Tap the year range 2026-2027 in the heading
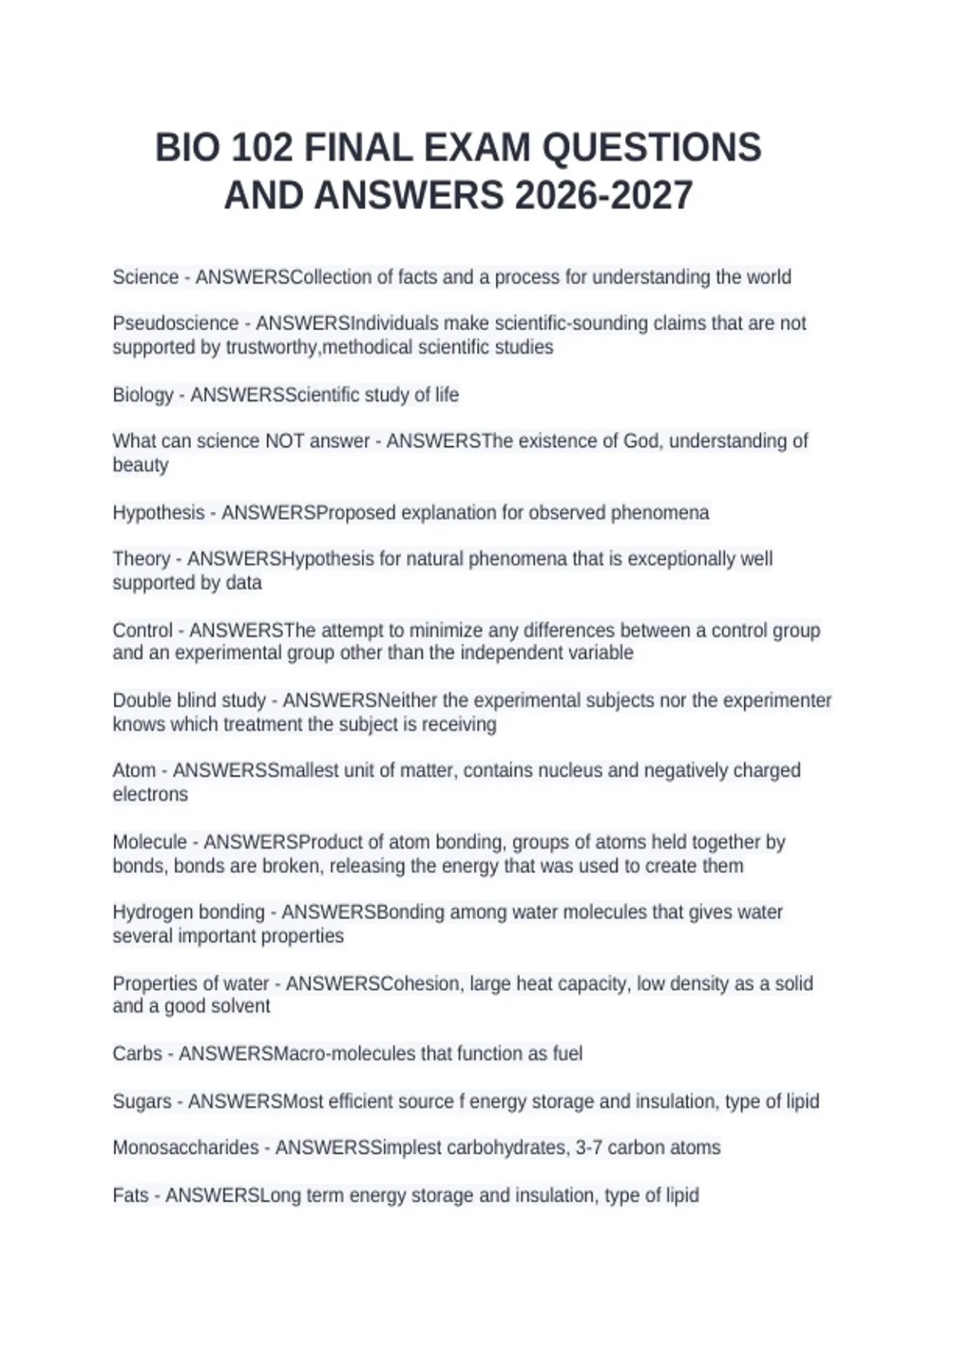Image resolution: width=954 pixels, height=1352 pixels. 603,196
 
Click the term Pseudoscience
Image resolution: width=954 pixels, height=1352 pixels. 176,324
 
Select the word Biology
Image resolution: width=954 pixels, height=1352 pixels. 143,395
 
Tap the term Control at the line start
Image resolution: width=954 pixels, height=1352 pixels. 142,631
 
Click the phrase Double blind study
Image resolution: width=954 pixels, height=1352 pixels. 189,701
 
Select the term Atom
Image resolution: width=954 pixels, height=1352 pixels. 134,771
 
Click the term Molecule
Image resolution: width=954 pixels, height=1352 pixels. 150,842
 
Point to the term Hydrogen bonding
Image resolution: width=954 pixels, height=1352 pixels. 188,912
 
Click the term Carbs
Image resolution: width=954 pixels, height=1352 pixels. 138,1054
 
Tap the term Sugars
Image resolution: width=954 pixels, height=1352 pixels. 142,1101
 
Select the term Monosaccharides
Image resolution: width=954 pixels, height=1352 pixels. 186,1148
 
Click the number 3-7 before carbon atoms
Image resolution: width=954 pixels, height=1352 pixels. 589,1148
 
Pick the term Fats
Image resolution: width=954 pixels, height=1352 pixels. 131,1195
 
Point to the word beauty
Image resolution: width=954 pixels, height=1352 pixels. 141,465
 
